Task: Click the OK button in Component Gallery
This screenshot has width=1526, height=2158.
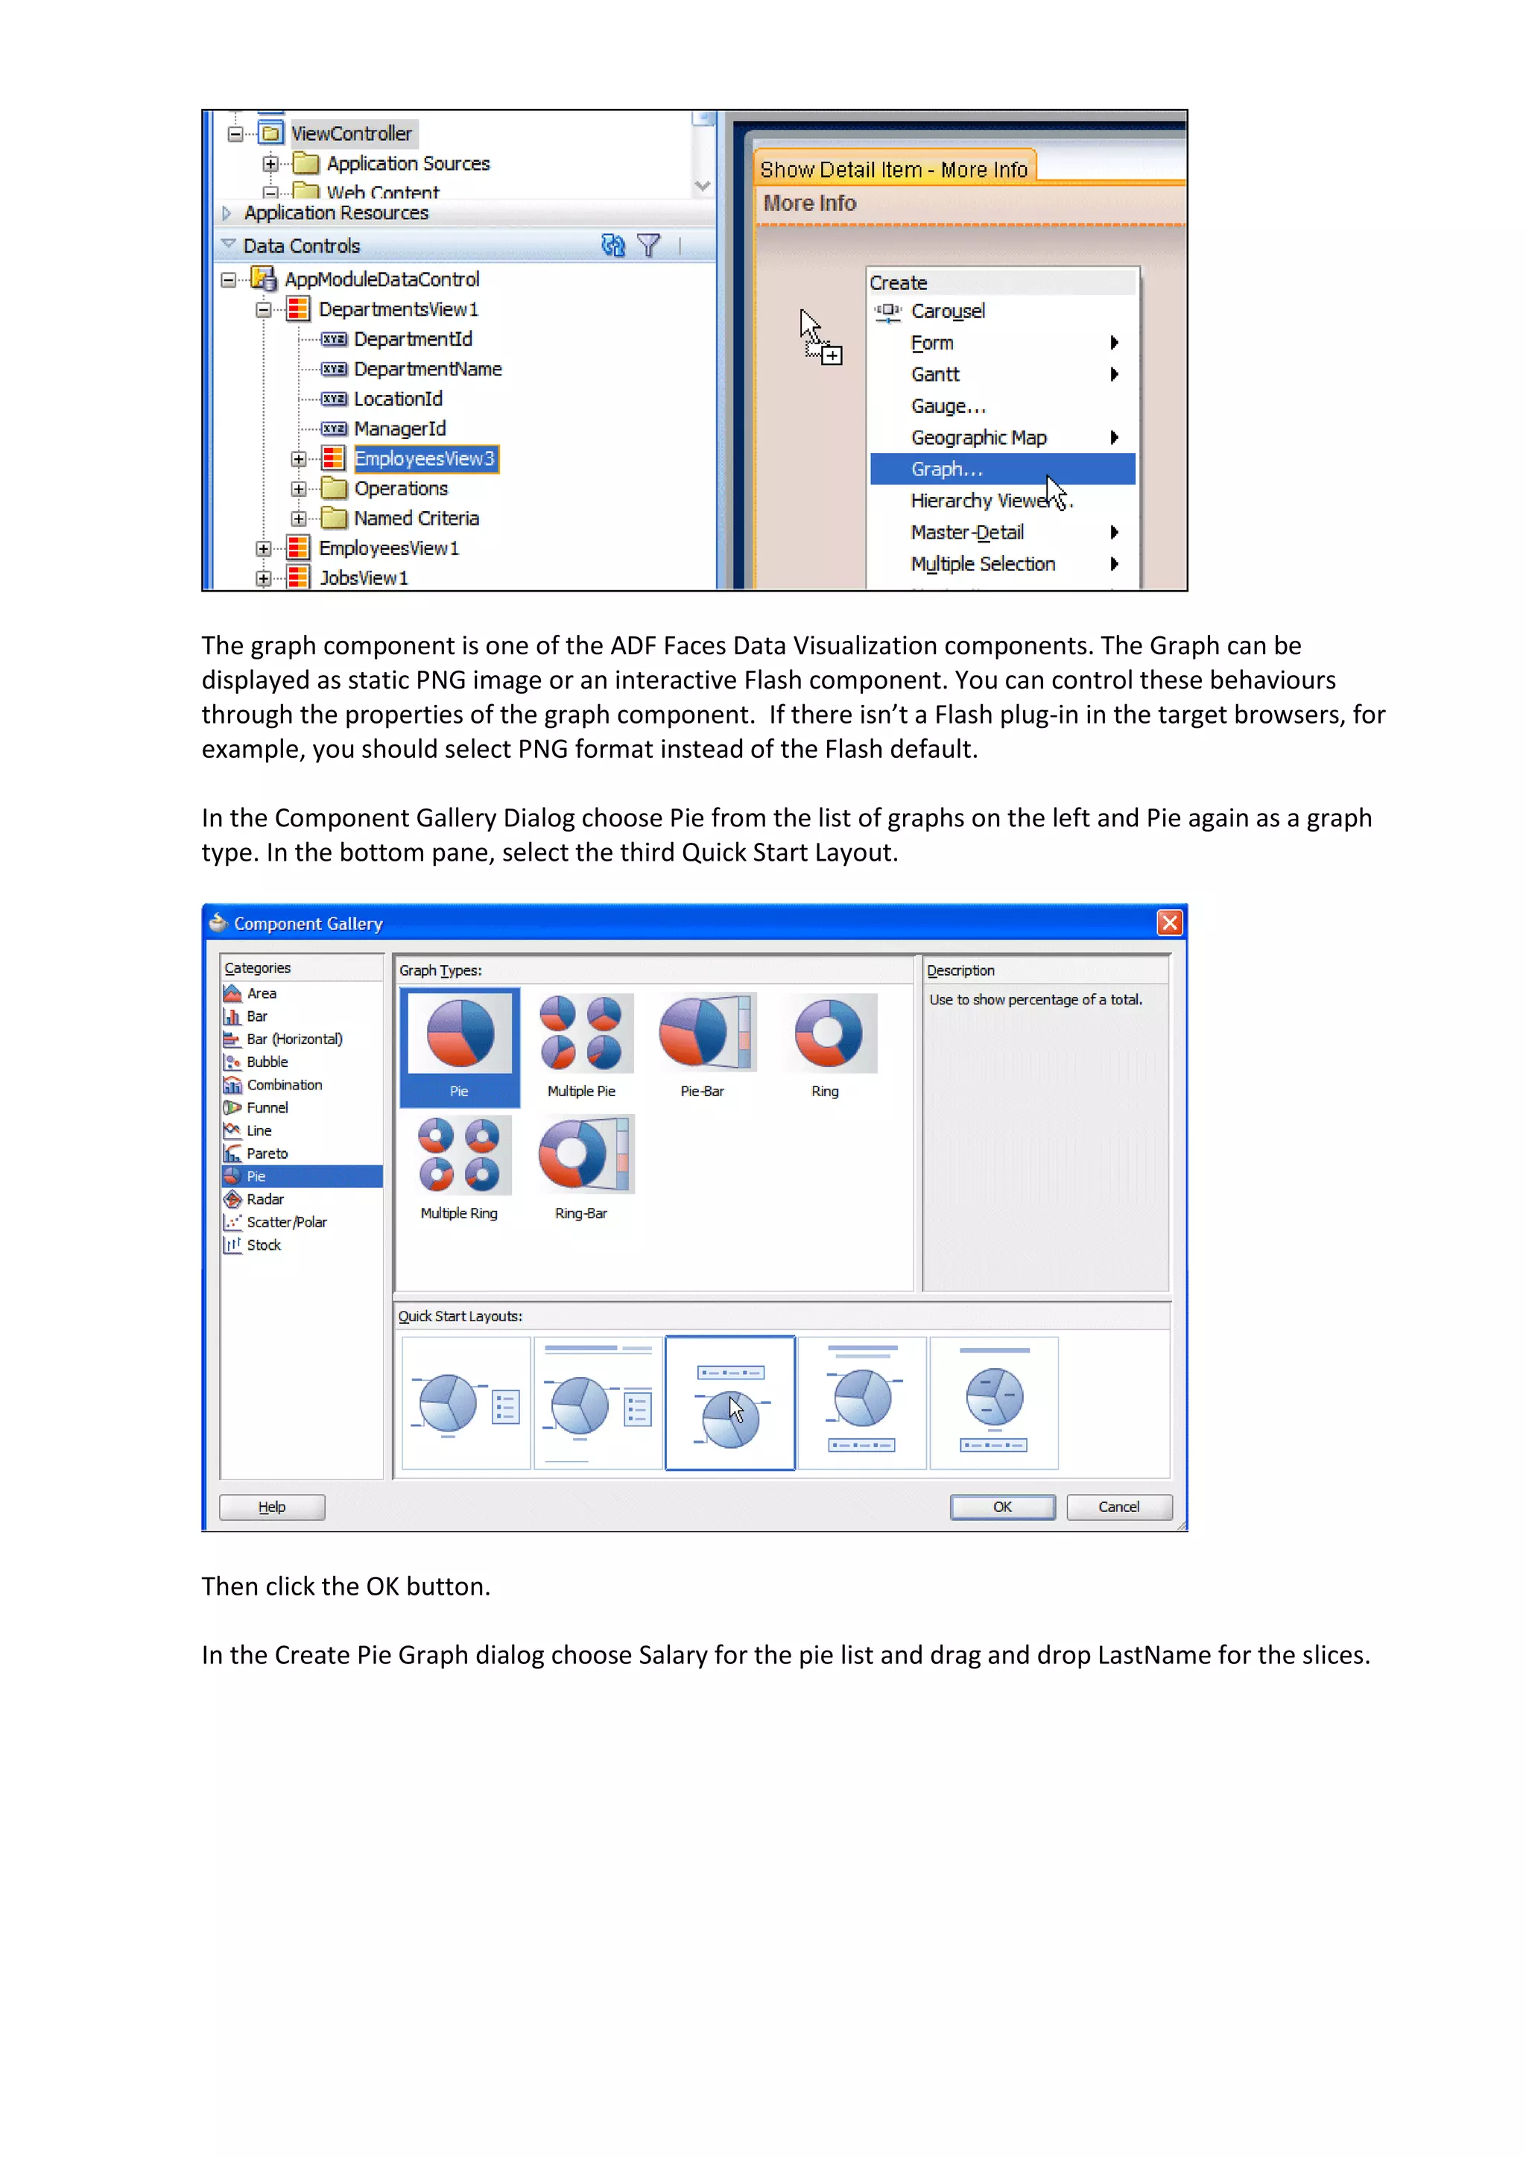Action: pyautogui.click(x=1001, y=1507)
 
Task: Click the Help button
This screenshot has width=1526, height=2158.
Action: pyautogui.click(x=271, y=1507)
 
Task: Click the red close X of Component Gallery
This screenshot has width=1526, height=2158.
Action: pyautogui.click(x=1169, y=923)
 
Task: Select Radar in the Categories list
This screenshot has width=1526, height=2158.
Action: pyautogui.click(x=265, y=1199)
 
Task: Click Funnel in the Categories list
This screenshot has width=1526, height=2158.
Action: pyautogui.click(x=267, y=1108)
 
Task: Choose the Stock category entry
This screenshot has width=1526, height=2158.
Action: pyautogui.click(x=263, y=1245)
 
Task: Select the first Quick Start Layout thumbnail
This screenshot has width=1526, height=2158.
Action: pyautogui.click(x=466, y=1403)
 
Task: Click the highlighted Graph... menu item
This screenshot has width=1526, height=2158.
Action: pyautogui.click(x=946, y=469)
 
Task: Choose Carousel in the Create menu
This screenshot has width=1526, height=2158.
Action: pyautogui.click(x=947, y=311)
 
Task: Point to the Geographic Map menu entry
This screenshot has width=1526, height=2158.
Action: pyautogui.click(x=978, y=438)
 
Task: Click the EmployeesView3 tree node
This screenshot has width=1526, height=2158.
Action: pyautogui.click(x=424, y=459)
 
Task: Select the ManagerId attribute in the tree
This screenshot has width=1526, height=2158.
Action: pyautogui.click(x=399, y=428)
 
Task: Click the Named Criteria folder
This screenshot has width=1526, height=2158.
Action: pyautogui.click(x=415, y=519)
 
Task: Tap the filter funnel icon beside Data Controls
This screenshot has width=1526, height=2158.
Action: pyautogui.click(x=648, y=245)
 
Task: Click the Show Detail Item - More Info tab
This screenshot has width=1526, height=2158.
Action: pyautogui.click(x=893, y=169)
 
